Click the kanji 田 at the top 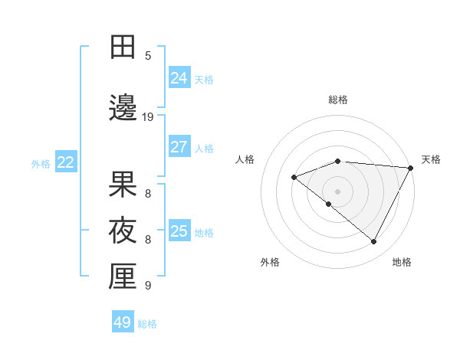coord(123,47)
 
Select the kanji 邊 coord(123,108)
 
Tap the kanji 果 coord(123,185)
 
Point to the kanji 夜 coord(123,231)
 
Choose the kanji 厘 coord(123,277)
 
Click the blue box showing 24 coord(179,77)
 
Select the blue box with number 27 coord(179,146)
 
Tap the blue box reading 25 coord(179,231)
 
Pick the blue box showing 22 coord(66,162)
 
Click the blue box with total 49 coord(123,322)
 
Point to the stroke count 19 coord(148,117)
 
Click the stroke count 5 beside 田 coord(148,56)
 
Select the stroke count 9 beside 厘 coord(148,286)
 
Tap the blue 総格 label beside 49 coord(147,324)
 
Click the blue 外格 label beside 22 coord(41,163)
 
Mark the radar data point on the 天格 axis coord(411,168)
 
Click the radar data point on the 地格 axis coord(374,242)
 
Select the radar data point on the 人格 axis coord(294,178)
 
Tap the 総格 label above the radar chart coord(338,100)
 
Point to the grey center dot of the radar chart coord(338,191)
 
